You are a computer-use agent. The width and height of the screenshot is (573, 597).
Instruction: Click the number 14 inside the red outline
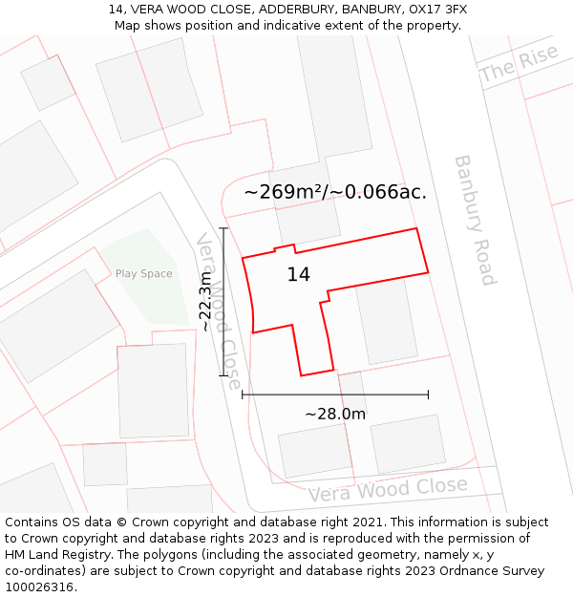299,275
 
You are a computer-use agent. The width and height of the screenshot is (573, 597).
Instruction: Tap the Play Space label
144,274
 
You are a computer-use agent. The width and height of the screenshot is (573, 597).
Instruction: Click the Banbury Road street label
475,220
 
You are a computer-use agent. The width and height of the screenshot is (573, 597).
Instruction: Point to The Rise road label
520,64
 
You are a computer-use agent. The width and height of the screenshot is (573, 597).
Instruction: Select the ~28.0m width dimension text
335,415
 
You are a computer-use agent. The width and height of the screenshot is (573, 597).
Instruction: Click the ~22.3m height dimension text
205,302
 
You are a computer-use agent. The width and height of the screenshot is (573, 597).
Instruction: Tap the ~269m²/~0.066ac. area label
335,192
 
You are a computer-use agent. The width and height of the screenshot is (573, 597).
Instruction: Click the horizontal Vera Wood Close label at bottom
388,490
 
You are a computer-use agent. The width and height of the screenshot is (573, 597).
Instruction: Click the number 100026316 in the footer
41,587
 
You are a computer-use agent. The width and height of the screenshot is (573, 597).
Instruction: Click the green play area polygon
148,287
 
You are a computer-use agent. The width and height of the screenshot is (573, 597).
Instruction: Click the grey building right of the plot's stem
386,320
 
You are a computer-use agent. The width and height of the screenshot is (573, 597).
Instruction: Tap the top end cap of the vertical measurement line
223,228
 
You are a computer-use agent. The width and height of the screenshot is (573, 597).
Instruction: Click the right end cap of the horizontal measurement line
428,394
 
